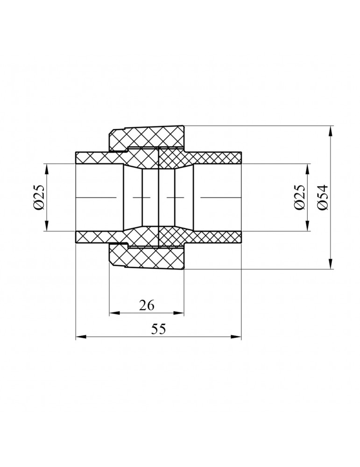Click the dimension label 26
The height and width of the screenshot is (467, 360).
147,305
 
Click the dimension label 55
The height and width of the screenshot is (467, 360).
158,329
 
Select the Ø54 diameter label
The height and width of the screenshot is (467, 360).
323,198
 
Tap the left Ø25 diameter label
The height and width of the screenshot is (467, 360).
39,198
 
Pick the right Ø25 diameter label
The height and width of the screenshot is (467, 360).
300,198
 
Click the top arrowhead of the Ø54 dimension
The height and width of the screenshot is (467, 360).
330,131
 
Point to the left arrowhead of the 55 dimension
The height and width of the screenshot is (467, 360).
81,337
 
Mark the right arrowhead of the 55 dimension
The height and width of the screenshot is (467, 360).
236,337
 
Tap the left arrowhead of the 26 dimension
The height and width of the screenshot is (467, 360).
115,313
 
